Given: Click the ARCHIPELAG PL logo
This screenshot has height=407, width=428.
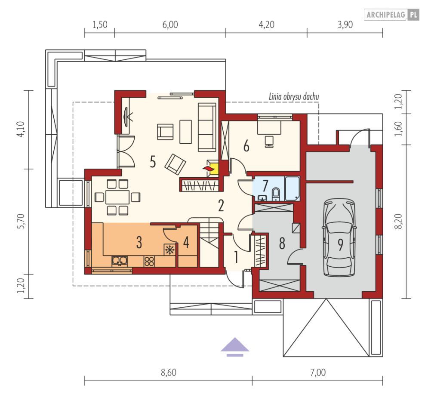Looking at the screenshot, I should point(391,15).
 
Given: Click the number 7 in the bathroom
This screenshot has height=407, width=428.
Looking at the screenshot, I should point(265,185).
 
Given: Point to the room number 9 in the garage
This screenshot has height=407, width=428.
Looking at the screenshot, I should point(340,244).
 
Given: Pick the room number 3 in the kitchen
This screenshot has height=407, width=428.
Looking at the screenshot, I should point(139,243).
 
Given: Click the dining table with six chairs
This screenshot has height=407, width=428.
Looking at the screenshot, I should point(117,197).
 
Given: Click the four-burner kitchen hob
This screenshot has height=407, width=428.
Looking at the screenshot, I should point(149,260).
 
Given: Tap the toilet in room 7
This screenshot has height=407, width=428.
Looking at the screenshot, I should point(276,194).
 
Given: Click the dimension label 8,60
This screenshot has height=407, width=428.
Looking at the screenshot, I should point(168,373).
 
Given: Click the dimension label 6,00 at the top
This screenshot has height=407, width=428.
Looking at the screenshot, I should point(170,25).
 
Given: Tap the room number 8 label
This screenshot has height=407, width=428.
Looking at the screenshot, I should point(282,244).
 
